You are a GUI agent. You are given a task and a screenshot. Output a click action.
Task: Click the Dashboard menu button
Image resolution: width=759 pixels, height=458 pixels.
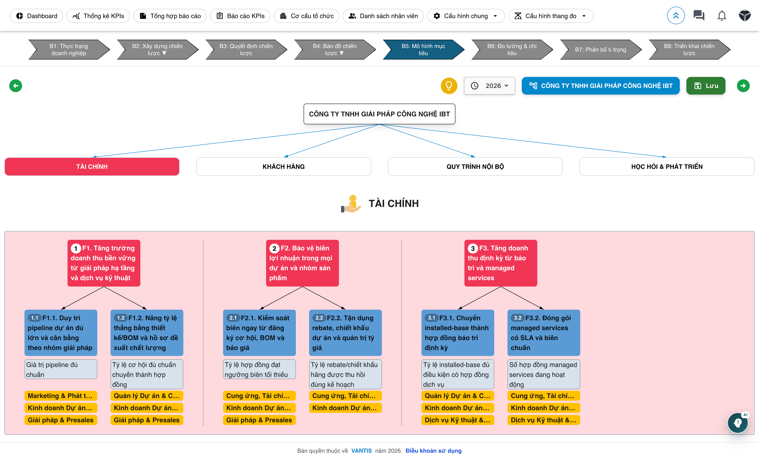36,16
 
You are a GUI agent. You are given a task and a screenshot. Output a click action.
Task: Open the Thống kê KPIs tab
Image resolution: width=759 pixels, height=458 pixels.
98,16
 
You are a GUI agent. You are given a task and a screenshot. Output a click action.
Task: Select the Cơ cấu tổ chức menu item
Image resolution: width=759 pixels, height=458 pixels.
306,16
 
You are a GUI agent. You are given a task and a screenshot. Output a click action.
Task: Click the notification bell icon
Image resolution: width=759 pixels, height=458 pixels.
721,16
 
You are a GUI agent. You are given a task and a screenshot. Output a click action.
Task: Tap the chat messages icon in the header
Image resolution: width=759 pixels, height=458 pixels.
699,15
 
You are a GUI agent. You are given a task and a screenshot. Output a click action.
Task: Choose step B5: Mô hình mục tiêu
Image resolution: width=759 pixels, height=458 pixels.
423,50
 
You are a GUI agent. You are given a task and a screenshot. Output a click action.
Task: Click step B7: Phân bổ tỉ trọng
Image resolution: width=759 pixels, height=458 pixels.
600,50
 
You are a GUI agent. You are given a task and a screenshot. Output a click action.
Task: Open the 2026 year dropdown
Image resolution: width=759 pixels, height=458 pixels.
489,86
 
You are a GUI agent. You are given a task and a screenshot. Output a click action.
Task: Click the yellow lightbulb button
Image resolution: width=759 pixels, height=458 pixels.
449,86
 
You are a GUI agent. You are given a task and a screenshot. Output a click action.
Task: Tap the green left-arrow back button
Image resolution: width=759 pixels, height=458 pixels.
16,86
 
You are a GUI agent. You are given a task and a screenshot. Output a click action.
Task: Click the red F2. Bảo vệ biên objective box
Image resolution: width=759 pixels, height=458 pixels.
302,263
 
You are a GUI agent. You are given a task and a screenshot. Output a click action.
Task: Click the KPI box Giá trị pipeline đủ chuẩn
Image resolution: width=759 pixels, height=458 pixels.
61,369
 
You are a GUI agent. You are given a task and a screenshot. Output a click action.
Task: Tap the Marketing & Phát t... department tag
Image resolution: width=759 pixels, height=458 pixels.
61,396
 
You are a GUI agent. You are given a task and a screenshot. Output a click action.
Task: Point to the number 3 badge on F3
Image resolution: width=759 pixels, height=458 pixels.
473,248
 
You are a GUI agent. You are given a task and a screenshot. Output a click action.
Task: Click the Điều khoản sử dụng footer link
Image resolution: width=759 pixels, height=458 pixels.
433,451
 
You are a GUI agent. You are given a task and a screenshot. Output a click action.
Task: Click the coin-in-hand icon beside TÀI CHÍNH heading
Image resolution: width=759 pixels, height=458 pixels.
351,204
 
